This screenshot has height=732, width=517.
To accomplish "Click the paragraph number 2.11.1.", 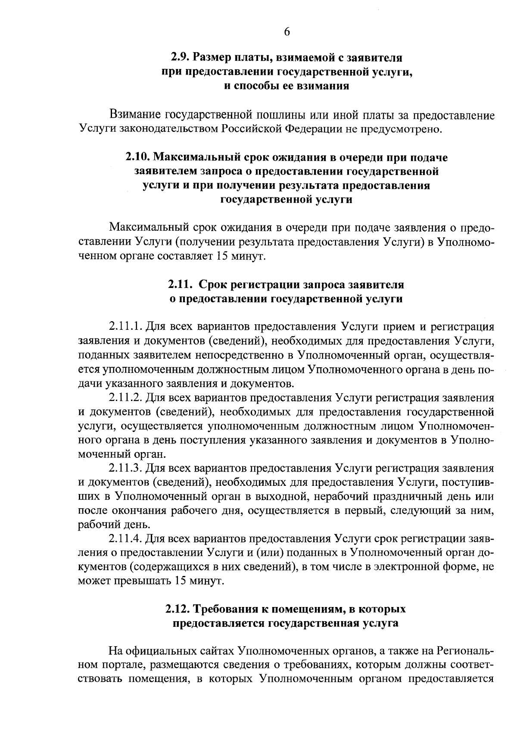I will point(126,326).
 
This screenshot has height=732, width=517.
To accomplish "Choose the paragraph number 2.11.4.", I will point(126,539).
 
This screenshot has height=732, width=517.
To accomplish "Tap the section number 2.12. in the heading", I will point(178,610).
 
